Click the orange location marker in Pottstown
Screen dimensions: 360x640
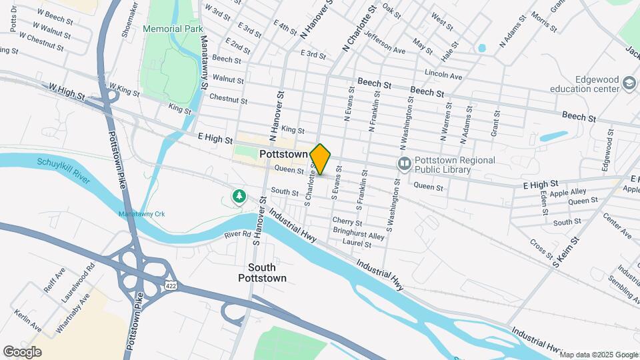(321, 159)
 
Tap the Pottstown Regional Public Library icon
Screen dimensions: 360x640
(403, 163)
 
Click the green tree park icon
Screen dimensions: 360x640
(239, 196)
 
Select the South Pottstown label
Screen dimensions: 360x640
(263, 272)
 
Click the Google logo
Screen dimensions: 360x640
(22, 351)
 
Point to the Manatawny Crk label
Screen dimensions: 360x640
(141, 214)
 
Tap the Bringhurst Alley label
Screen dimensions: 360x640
(359, 235)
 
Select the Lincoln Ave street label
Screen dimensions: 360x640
(443, 76)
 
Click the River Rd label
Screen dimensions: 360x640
(237, 234)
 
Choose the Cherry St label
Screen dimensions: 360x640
(349, 222)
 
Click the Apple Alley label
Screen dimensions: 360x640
(568, 191)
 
